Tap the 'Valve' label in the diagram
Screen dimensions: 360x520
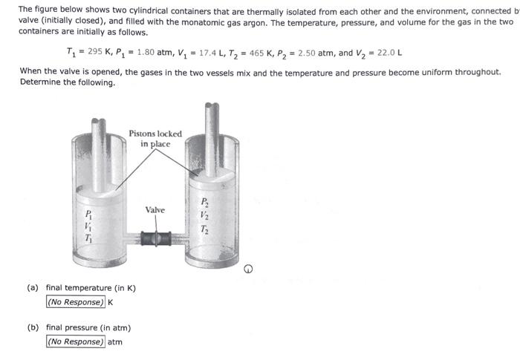(x=155, y=210)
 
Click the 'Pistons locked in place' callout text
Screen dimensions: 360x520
(x=155, y=139)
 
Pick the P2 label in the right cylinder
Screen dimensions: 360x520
(x=206, y=201)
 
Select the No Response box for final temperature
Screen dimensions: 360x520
(x=75, y=302)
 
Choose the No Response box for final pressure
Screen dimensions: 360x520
(x=75, y=341)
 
